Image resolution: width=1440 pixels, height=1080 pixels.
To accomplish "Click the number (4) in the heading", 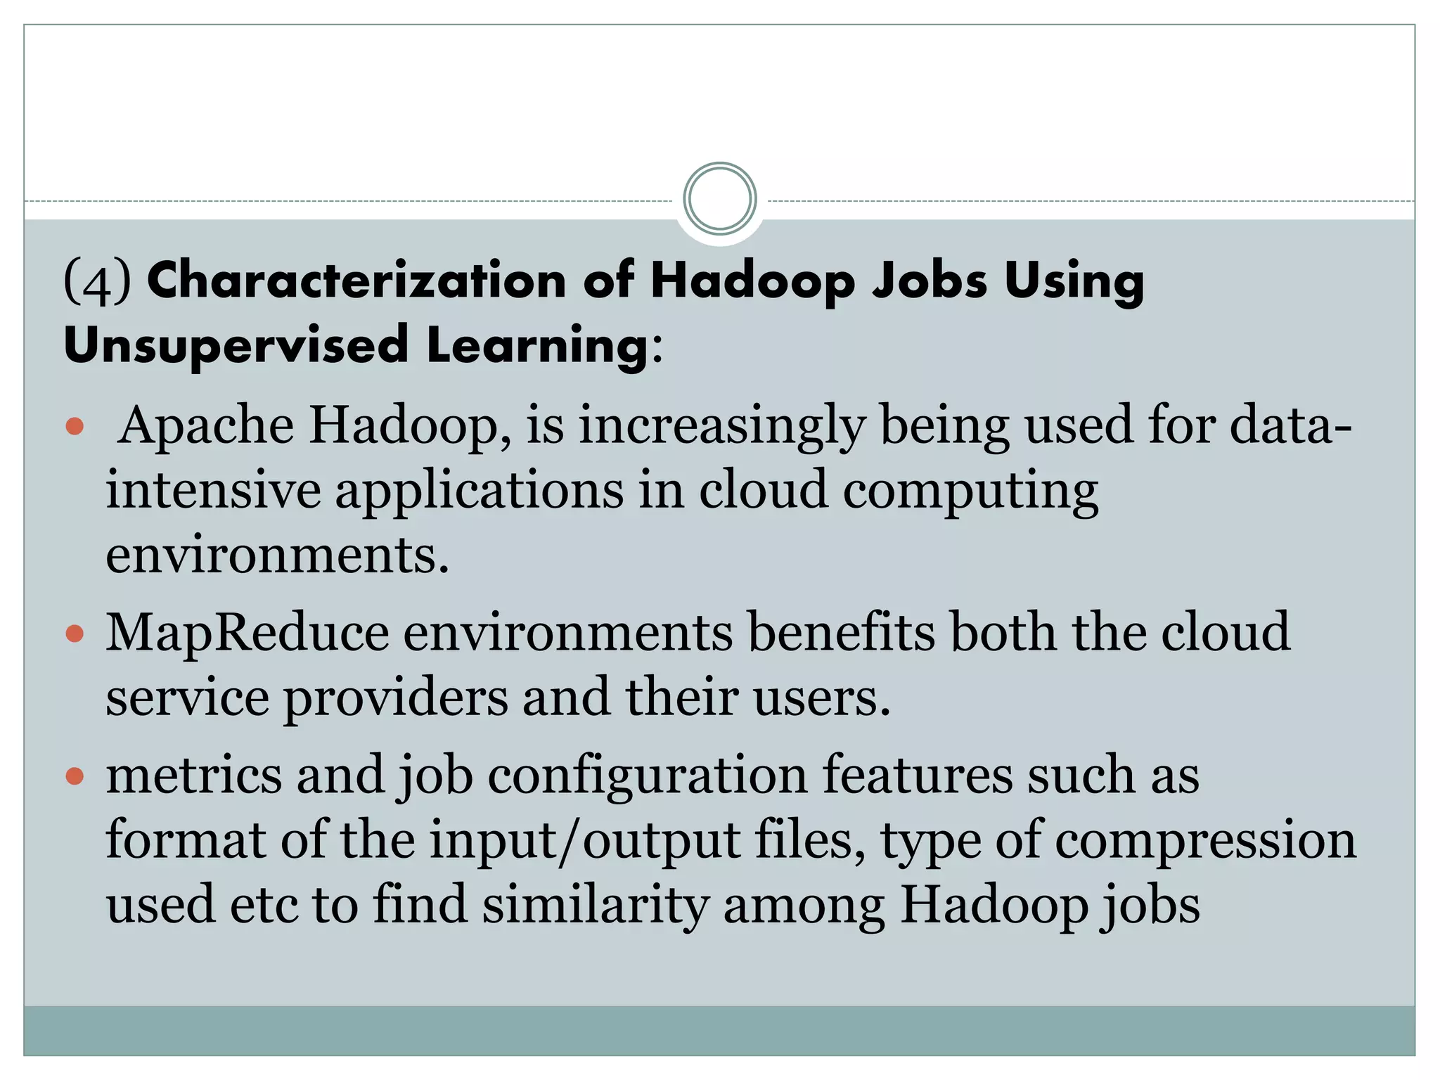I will click(97, 281).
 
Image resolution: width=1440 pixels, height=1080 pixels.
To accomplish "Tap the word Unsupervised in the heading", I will click(236, 345).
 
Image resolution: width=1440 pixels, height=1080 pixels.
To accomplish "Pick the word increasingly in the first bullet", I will click(721, 427).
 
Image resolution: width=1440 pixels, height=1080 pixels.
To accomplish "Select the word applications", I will click(479, 491).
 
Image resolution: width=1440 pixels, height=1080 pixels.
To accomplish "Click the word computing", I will click(970, 491).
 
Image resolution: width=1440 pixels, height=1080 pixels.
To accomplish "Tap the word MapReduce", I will click(247, 634).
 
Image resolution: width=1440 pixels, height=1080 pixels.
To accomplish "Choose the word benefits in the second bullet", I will click(841, 632).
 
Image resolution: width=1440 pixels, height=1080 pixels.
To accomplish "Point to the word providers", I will click(395, 698).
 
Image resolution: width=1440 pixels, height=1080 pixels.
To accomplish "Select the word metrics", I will click(194, 775).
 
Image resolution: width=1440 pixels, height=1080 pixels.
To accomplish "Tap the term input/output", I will click(584, 842).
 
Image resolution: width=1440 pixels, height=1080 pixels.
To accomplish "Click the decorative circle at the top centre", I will click(719, 199).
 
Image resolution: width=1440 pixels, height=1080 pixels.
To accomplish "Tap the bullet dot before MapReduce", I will click(75, 634).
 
